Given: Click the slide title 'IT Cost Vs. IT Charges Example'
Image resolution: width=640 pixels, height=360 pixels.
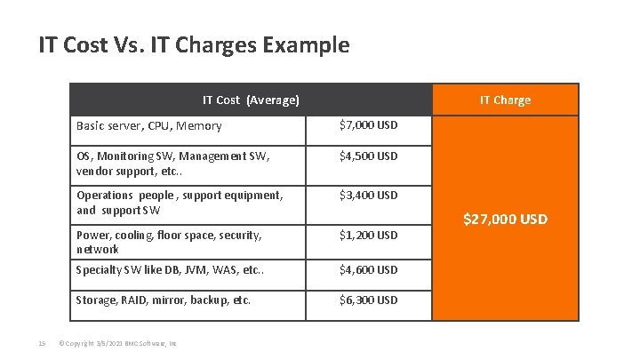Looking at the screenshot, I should pos(194,44).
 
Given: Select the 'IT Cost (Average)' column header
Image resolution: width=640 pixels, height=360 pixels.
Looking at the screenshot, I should pos(251,100).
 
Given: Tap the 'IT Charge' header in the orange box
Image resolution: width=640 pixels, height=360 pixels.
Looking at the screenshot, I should pos(505,100).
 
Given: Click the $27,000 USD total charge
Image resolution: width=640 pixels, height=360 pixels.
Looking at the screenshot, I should pos(505,219).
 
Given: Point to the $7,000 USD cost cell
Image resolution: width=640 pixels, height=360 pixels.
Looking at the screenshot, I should pos(369,125).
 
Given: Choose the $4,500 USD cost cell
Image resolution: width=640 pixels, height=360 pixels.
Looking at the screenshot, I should pos(369,156).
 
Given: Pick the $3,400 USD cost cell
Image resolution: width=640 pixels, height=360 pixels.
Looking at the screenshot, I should pos(369,195).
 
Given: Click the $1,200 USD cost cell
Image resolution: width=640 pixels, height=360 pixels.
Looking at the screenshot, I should pos(369,236).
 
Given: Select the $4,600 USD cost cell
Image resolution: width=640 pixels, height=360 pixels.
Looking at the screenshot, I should pos(369,269).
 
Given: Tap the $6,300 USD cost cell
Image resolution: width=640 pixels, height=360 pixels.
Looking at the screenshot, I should pos(369,300).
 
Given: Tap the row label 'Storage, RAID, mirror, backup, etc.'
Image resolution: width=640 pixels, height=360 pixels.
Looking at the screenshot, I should pos(164,300).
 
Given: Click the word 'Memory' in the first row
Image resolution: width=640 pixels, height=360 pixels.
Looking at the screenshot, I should pos(199,126).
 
